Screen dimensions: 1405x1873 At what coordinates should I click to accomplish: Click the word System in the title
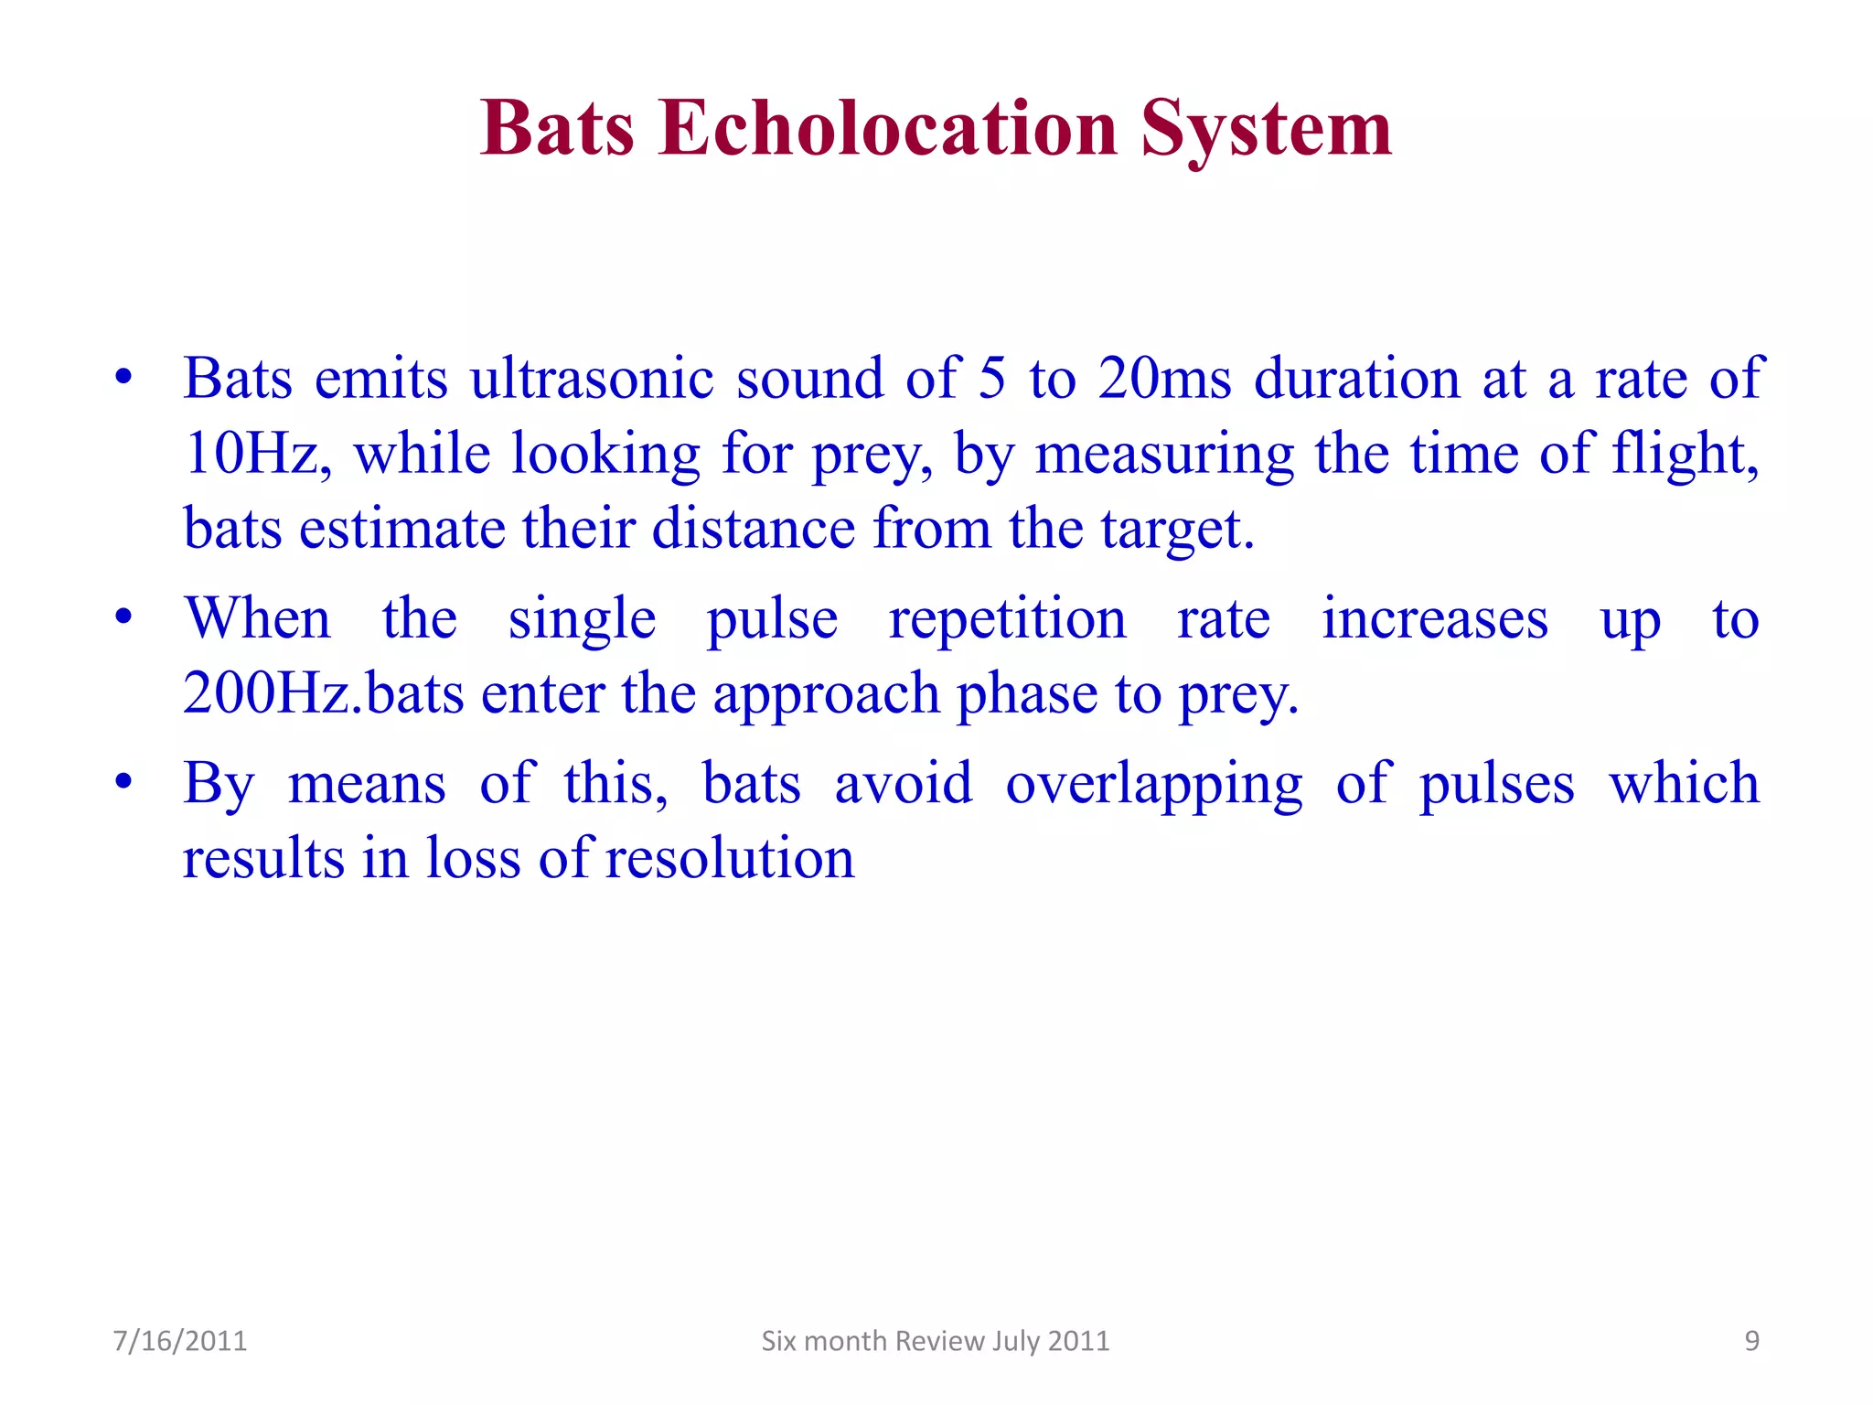[x=1266, y=130]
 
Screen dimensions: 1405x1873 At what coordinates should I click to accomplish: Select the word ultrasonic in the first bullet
[x=592, y=378]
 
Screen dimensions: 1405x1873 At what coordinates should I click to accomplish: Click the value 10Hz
[x=250, y=454]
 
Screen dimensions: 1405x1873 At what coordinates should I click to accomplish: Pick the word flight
[x=1684, y=454]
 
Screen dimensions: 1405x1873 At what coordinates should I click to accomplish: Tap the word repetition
[x=1007, y=619]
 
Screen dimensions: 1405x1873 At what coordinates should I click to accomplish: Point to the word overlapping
[x=1154, y=785]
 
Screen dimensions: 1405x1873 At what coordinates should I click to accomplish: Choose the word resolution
[x=729, y=859]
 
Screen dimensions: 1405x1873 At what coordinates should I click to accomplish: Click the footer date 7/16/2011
[x=180, y=1341]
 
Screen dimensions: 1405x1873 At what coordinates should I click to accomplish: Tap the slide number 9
[x=1751, y=1341]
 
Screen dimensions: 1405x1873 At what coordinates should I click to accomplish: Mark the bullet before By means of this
[x=123, y=783]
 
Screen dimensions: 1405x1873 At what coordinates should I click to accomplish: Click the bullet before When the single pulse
[x=123, y=617]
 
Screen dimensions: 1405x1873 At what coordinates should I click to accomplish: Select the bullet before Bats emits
[x=123, y=377]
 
